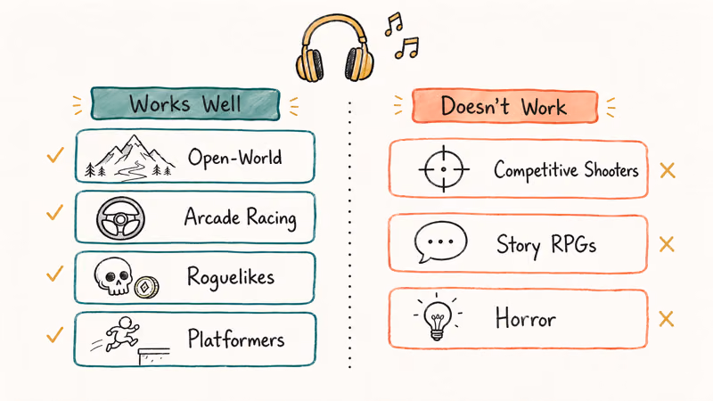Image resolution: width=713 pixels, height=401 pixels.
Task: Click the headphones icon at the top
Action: point(335,50)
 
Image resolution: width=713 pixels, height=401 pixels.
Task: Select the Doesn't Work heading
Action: point(504,107)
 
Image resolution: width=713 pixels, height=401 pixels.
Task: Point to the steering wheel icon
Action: point(120,217)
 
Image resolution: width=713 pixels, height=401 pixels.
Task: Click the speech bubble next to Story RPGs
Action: point(440,242)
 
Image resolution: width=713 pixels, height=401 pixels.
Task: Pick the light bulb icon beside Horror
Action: point(437,317)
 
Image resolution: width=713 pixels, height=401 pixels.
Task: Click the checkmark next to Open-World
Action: point(55,157)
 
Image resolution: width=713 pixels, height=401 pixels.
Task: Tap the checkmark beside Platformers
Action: point(55,335)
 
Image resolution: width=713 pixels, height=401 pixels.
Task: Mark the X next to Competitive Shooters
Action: point(667,169)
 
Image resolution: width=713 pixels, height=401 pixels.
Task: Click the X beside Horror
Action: point(666,318)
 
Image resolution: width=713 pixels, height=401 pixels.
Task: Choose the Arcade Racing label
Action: point(240,217)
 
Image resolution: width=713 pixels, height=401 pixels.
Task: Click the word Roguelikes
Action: point(231,277)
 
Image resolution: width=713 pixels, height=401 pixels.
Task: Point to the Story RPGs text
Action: point(545,243)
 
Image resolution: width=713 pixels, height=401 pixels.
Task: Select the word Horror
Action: point(524,317)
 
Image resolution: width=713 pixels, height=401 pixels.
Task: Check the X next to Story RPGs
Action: point(666,243)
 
